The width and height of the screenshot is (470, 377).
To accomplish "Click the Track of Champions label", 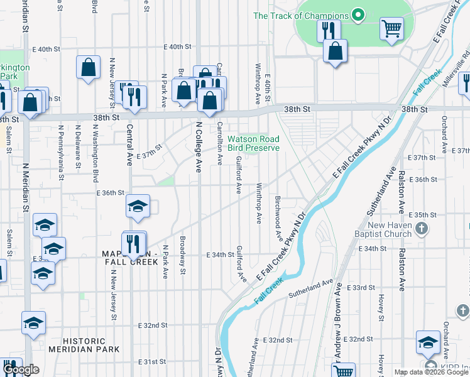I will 300,15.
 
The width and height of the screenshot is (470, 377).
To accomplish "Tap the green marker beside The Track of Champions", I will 358,15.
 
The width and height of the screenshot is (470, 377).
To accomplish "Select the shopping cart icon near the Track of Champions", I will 391,28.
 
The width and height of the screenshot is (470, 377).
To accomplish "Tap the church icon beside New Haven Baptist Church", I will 423,229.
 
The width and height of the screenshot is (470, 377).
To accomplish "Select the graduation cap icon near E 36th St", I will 138,206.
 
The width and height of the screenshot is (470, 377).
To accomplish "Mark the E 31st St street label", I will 153,363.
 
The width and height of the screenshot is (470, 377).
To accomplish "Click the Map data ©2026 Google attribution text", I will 431,372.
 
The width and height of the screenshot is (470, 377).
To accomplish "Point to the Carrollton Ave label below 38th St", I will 219,143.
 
